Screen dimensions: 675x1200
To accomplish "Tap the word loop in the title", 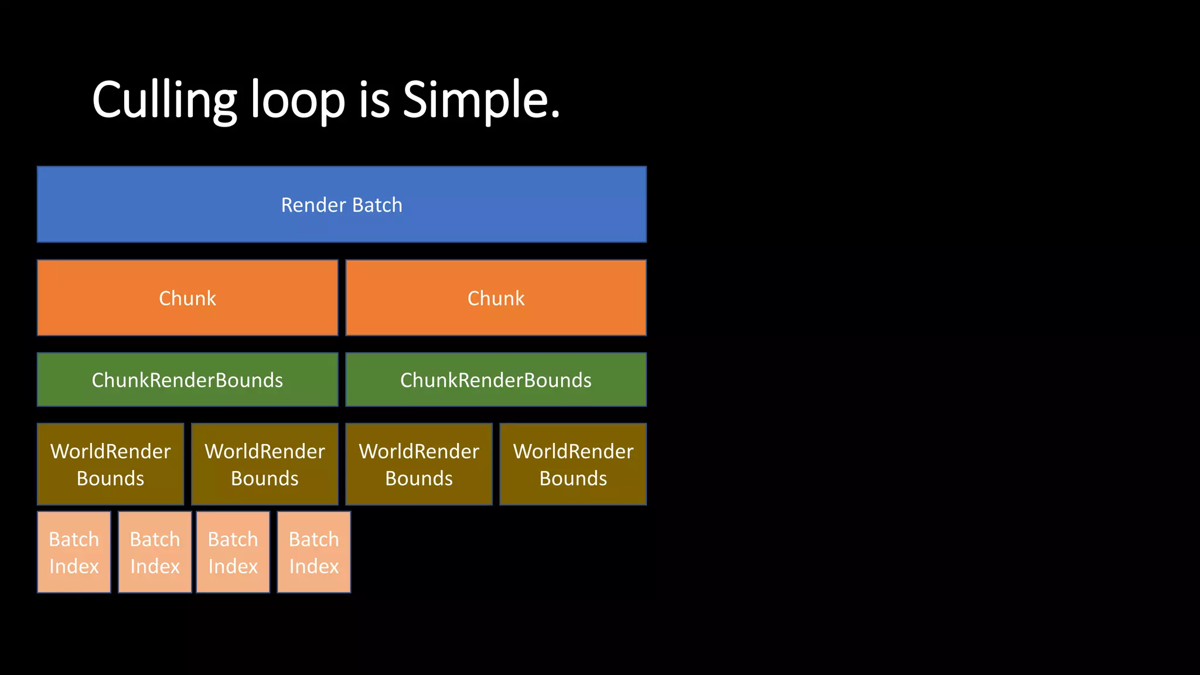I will point(298,101).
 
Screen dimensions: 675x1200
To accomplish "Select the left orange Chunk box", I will point(187,298).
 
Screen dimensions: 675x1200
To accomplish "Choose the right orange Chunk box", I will point(496,298).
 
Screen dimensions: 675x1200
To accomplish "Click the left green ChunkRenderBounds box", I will point(187,380).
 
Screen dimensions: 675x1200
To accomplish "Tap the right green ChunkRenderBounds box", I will point(496,380).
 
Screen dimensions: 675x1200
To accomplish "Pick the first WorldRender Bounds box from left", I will point(110,464).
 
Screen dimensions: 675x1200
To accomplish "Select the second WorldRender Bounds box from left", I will point(265,464).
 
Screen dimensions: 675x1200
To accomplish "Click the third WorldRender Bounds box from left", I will point(419,464).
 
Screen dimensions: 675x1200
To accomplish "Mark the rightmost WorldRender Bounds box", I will point(573,464).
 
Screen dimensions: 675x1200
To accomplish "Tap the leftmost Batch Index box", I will point(74,552).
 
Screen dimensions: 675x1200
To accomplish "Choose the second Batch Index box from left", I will point(155,552).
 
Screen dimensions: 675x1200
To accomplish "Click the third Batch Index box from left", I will point(233,552).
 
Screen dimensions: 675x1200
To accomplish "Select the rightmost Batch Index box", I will point(314,552).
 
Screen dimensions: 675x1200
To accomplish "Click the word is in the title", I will point(374,101).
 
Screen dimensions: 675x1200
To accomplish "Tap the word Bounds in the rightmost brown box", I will point(573,479).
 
